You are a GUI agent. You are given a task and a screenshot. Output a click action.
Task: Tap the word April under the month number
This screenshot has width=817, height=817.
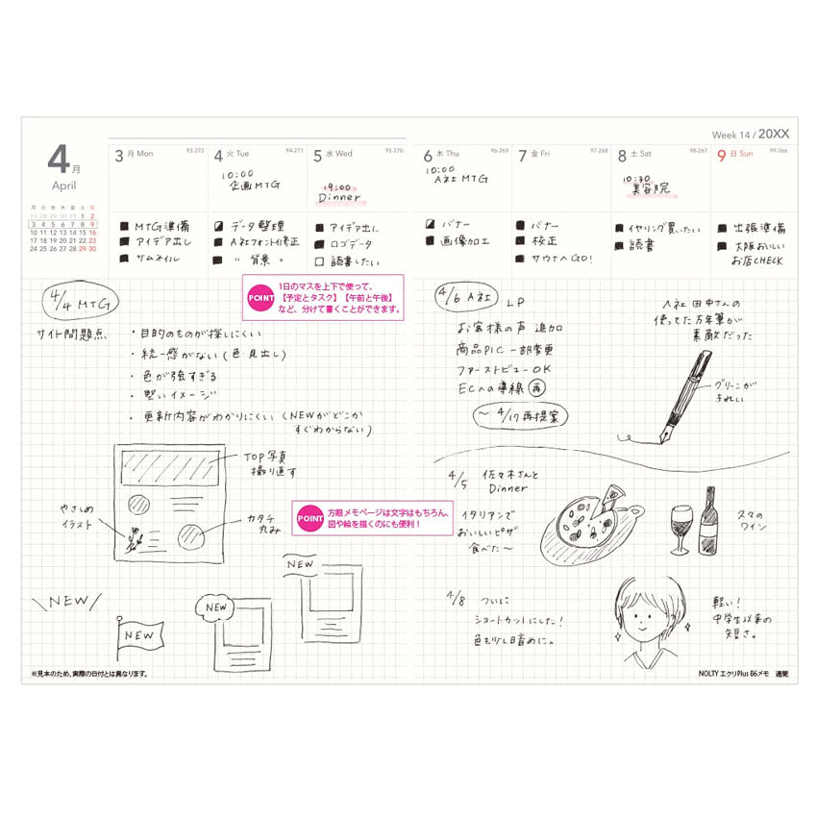64,185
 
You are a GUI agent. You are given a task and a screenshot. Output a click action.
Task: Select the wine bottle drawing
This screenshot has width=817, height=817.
708,522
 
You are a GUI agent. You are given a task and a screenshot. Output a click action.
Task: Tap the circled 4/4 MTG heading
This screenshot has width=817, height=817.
81,304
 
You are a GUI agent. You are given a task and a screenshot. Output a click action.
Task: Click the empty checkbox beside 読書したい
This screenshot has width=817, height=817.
320,260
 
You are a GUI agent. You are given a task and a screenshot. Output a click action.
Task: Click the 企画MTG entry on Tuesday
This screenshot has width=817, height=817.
252,186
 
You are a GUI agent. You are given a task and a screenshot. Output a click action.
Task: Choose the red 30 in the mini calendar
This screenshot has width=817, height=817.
93,248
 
